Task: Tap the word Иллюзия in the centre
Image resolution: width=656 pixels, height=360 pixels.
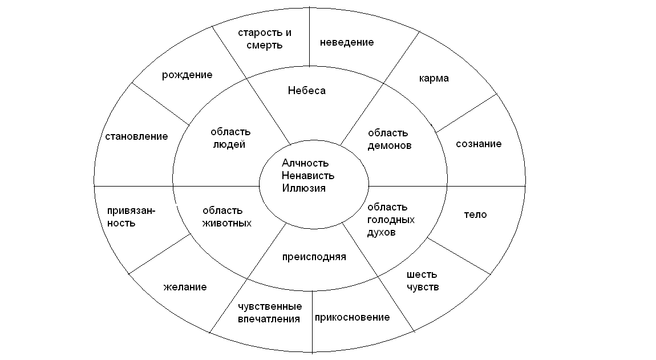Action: tap(303, 188)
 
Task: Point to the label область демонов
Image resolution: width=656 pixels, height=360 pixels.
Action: tap(388, 139)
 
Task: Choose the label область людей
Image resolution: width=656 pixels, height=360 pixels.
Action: tap(230, 138)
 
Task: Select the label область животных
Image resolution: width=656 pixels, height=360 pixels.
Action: tap(226, 217)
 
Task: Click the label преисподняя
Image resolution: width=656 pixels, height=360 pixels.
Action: tap(314, 257)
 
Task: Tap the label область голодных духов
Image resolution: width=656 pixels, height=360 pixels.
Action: tap(391, 220)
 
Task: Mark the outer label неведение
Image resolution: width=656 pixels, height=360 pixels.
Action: tap(347, 42)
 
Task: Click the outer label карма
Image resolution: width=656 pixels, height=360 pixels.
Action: tap(434, 78)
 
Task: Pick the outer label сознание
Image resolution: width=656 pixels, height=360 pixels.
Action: tap(479, 144)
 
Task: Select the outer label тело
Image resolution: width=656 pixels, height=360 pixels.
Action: tap(476, 215)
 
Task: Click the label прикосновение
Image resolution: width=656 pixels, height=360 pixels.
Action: tap(353, 317)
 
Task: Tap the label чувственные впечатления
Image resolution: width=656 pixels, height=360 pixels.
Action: tap(269, 313)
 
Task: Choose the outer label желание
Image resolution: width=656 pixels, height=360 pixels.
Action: tap(184, 287)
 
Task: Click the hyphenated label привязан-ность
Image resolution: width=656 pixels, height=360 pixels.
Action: tap(131, 217)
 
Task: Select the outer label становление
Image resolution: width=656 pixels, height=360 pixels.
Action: tap(136, 136)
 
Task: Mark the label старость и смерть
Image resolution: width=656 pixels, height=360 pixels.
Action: tap(260, 39)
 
